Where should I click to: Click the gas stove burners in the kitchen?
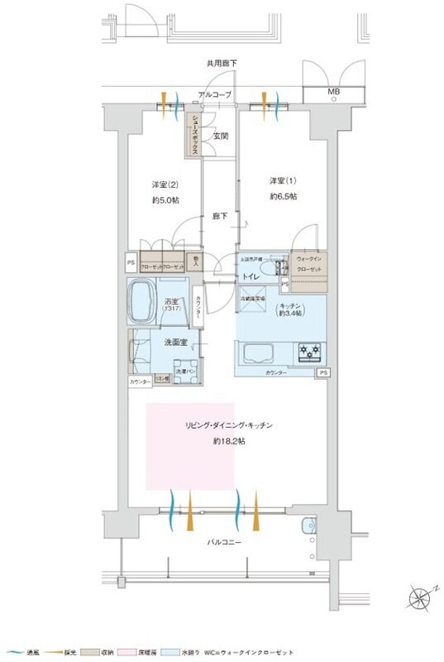(x=309, y=353)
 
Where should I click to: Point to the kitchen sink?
(x=263, y=353)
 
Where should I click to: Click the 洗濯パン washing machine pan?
(x=186, y=372)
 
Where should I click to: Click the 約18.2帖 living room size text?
(x=228, y=442)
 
